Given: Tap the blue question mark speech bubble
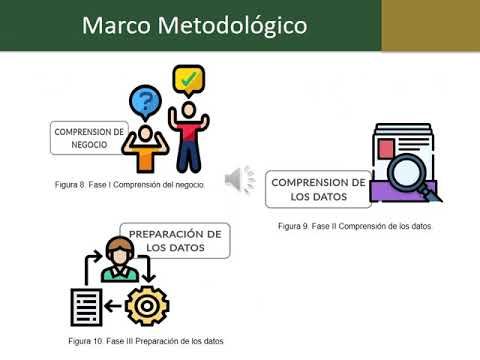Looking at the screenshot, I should [x=146, y=102].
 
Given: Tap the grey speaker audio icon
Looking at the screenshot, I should [x=240, y=178].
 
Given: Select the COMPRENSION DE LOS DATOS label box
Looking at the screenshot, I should [x=319, y=189].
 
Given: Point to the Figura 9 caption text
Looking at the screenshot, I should [x=354, y=227].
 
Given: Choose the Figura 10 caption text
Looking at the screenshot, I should [x=146, y=341].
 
